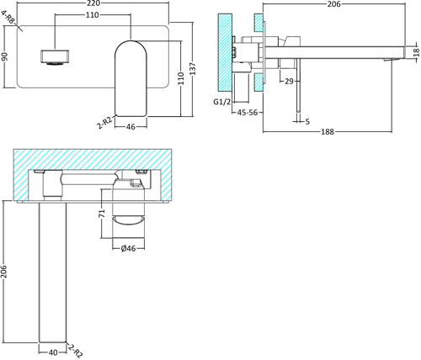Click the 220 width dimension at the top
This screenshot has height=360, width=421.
click(104, 5)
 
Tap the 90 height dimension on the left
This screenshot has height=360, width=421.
click(4, 57)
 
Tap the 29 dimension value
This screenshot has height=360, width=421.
click(289, 81)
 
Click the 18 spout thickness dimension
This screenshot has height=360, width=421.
click(415, 52)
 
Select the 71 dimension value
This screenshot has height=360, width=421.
click(101, 214)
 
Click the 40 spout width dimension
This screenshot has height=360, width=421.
click(52, 352)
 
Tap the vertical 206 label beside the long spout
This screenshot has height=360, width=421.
click(4, 272)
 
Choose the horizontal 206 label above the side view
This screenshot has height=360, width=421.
click(333, 5)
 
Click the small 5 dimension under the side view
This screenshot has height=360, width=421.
click(307, 122)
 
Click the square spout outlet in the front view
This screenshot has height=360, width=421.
click(53, 57)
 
